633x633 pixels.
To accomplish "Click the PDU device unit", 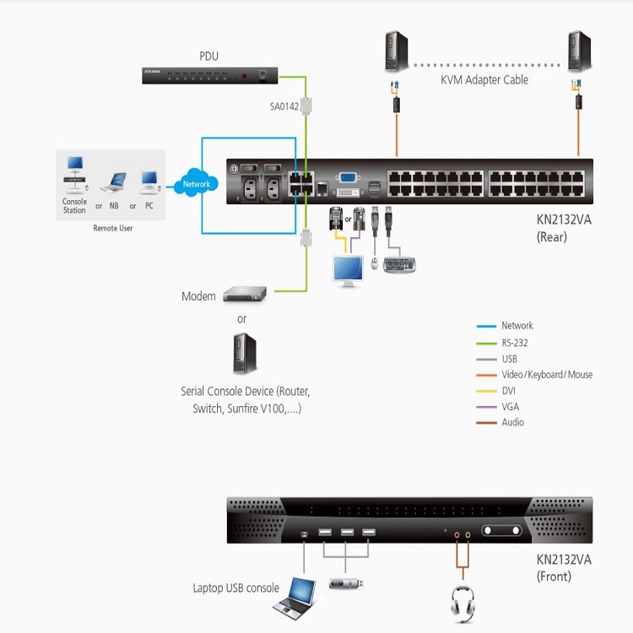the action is [210, 75].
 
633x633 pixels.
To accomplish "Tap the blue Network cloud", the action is [196, 183].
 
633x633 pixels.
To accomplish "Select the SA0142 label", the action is [284, 106].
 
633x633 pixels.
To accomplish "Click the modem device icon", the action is [245, 294].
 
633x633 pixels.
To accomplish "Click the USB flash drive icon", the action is [346, 583].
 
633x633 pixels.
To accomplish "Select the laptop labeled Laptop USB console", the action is [295, 598].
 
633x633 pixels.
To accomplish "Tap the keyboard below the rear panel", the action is [399, 265].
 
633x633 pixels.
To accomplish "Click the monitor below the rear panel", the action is [348, 271].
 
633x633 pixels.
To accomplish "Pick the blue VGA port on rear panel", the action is [348, 177].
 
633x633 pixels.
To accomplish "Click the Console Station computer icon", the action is [75, 175].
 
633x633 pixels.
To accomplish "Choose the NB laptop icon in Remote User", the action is [113, 182].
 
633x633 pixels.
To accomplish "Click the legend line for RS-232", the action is [486, 344].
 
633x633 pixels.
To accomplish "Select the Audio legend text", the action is [512, 422].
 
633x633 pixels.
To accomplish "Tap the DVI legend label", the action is [509, 391].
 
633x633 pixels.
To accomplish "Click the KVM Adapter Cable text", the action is [484, 80].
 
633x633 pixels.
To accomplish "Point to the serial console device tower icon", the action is [245, 354].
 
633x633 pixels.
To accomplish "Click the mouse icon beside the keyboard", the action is [374, 263].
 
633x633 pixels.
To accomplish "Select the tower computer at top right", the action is [579, 51].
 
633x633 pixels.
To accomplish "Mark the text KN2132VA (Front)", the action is [564, 568].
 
